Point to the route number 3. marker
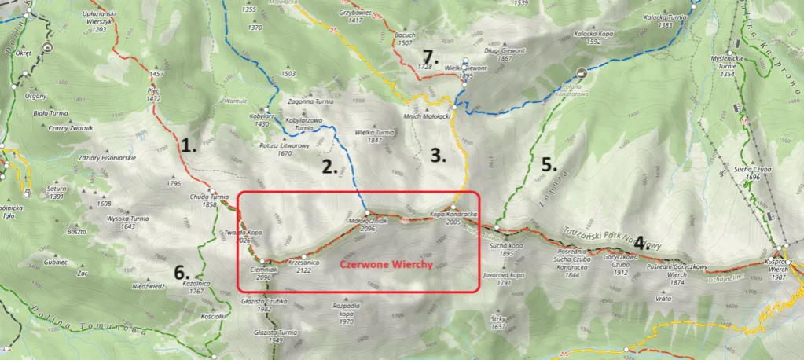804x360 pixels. pos(439,155)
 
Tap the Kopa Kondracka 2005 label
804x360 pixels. pos(454,219)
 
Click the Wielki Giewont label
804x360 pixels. pos(466,72)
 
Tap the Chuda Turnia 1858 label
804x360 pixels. pos(209,200)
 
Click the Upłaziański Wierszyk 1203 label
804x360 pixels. pos(98,19)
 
